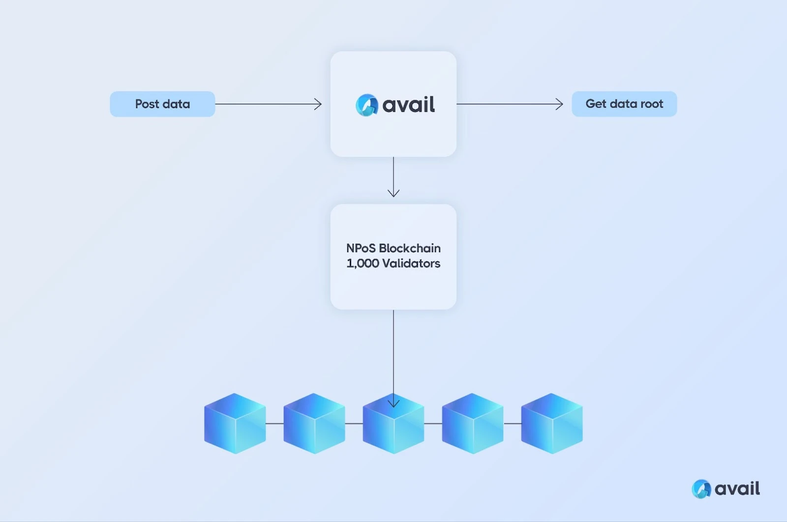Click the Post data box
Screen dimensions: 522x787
162,104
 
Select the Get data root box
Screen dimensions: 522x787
624,104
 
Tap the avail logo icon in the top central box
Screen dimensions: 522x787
366,105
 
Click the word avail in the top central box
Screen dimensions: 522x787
408,105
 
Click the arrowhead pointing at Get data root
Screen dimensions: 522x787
560,104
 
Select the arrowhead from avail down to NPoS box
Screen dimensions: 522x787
393,193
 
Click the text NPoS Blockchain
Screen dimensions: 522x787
393,248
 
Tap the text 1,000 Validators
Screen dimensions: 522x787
393,263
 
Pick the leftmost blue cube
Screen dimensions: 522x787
235,423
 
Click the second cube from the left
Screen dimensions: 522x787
314,423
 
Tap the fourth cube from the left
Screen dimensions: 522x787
473,423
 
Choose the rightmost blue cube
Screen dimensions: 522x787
552,423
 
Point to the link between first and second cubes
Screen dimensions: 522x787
274,423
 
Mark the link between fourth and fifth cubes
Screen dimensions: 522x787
512,423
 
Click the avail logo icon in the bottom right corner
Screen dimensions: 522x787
701,489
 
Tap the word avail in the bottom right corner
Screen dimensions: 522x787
737,489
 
